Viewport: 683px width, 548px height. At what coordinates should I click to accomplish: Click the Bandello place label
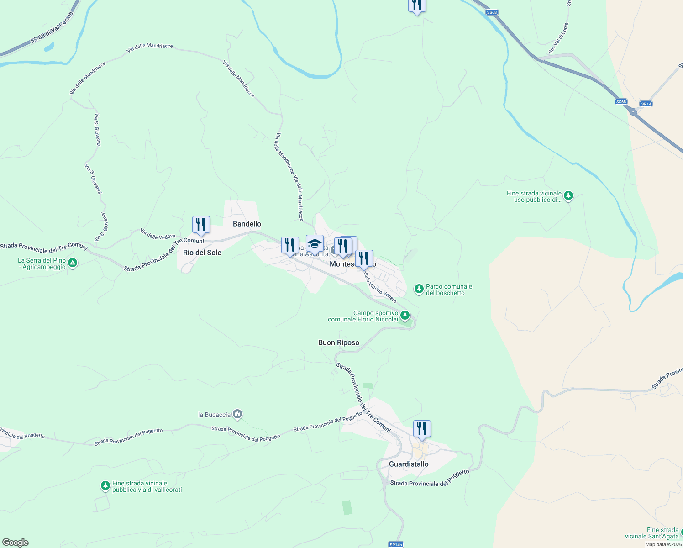(247, 224)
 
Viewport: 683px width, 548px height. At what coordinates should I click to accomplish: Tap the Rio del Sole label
(202, 253)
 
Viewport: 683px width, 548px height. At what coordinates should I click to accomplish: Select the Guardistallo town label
(409, 464)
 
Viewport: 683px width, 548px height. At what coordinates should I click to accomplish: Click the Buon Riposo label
(339, 342)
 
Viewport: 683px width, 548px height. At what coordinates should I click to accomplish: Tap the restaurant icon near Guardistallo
(422, 429)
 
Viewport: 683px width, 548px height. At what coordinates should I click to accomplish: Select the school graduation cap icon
(315, 243)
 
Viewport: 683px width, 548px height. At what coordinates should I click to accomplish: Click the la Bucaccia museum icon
(237, 414)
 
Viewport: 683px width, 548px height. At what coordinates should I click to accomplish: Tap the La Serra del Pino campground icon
(73, 263)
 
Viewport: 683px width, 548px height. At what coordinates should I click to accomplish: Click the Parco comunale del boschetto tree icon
(419, 289)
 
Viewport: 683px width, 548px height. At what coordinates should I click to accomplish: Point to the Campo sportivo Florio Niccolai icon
(405, 315)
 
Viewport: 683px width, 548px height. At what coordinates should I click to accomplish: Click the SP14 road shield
(646, 104)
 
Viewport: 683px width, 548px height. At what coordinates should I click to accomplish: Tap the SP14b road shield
(396, 544)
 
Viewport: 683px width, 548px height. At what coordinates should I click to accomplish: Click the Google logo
(15, 543)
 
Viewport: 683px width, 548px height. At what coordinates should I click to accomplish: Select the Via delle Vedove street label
(158, 234)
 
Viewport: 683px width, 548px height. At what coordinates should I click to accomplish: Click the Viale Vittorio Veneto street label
(380, 287)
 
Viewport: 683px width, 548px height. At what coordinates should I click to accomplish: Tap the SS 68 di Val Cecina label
(51, 28)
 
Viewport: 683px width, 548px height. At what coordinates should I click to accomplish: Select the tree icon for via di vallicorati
(105, 485)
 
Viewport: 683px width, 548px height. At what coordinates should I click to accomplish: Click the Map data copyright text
(663, 544)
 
